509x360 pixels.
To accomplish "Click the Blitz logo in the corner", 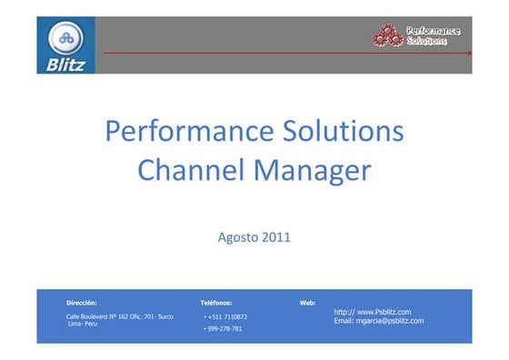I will click(65, 45).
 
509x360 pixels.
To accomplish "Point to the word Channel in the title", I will click(189, 170).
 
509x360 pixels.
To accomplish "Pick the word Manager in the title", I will click(310, 170).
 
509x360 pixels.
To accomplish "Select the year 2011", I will click(275, 238).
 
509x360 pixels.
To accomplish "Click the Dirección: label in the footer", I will click(82, 302).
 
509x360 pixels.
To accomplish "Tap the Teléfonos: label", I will click(215, 302).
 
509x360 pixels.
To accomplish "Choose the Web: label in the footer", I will click(307, 302).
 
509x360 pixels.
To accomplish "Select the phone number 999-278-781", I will click(224, 328).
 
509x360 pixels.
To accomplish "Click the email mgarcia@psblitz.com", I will click(378, 321).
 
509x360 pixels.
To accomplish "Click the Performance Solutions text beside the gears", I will click(433, 35).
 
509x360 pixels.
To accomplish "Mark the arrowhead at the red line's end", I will click(469, 54).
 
